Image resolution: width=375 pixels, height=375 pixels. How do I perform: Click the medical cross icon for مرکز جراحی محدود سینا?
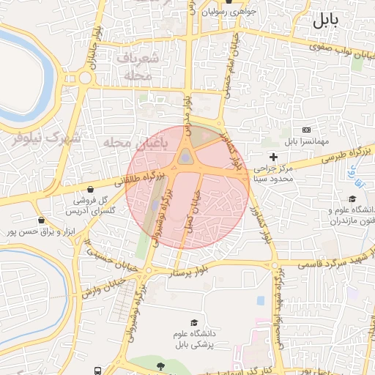coord(273,157)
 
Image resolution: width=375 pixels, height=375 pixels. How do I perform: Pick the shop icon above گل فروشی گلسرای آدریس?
coord(99,187)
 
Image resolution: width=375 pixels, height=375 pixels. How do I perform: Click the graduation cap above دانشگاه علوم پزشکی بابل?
coord(194,323)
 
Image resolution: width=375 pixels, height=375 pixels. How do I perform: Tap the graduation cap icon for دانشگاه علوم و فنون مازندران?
coord(352,198)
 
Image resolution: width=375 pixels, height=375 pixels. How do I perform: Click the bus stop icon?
coord(97,371)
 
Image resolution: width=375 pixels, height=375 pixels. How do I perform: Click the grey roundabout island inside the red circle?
coord(187,157)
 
